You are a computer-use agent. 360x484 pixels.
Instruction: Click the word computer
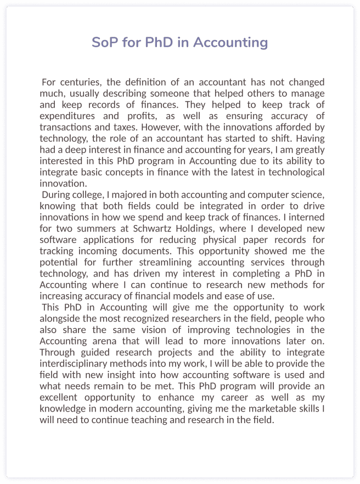[x=263, y=195]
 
